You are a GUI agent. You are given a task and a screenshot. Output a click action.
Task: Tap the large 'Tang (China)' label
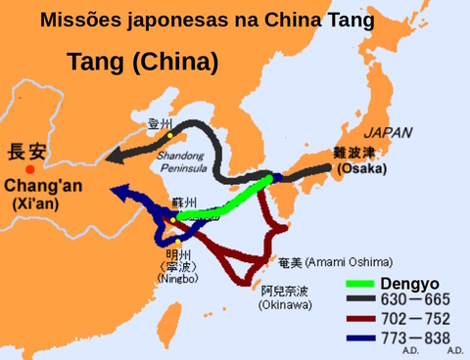[x=142, y=64]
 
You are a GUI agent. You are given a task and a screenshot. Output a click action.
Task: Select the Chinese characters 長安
[x=27, y=152]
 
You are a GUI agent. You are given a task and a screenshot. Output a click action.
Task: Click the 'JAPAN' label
[x=388, y=132]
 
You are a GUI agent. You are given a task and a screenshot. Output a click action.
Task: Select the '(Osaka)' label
[x=360, y=168]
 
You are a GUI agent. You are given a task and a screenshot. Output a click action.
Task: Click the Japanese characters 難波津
[x=354, y=152]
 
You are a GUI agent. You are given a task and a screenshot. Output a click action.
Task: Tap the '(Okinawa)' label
[x=286, y=305]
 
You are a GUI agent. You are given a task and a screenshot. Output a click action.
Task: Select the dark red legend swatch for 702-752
[x=360, y=320]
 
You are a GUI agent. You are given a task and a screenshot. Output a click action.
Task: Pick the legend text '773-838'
[x=421, y=337]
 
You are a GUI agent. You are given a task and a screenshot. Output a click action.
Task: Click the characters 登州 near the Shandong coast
[x=160, y=124]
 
